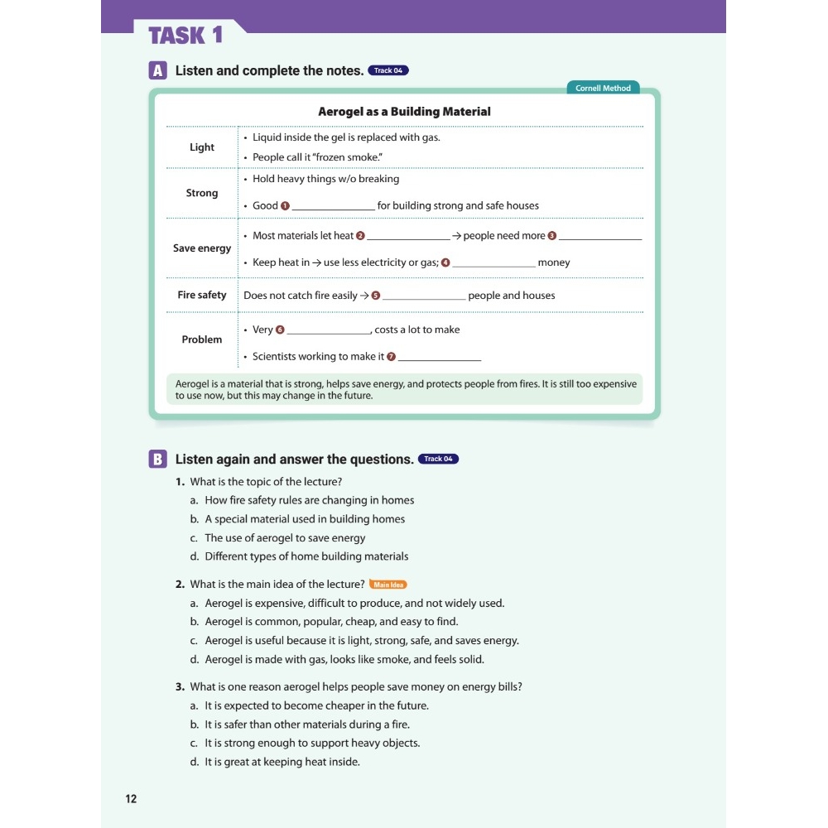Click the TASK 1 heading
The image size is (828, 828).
tap(185, 36)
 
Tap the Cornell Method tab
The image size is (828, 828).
tap(603, 88)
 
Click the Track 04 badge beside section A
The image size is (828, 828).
tap(388, 70)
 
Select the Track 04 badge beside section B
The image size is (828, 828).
tap(438, 459)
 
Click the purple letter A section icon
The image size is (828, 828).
tap(157, 70)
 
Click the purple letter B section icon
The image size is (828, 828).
tap(157, 460)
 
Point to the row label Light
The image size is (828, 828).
tap(201, 147)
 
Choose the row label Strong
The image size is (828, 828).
tap(201, 193)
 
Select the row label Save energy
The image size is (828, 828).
tap(201, 248)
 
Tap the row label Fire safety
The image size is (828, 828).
tap(201, 295)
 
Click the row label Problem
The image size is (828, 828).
tap(201, 339)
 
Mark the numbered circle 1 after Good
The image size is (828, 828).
tap(286, 205)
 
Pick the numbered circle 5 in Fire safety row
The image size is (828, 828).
tap(376, 296)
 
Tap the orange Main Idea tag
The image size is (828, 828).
tap(388, 585)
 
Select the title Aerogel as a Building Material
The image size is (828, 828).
tap(404, 112)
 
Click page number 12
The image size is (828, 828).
tap(131, 799)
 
